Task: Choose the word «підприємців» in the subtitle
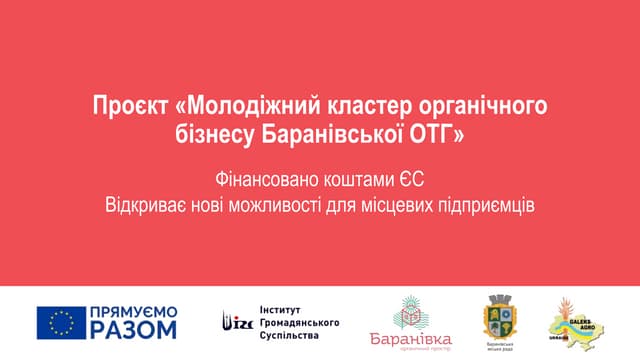(x=487, y=206)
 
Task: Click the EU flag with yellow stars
(x=61, y=323)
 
